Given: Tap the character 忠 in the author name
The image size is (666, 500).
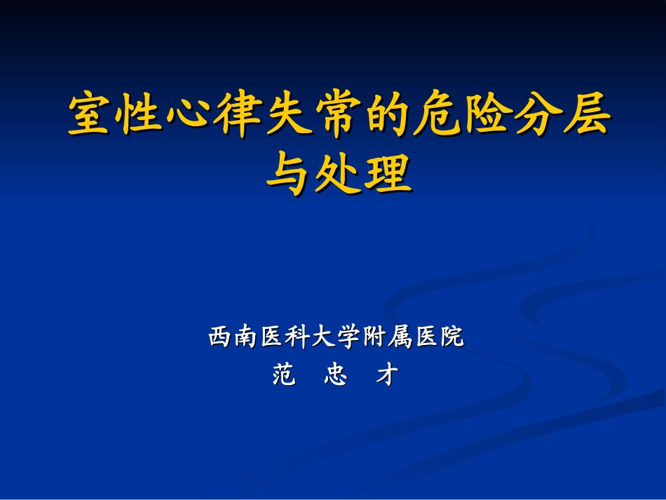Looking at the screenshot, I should (336, 376).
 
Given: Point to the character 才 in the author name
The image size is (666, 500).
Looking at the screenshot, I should (387, 376).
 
